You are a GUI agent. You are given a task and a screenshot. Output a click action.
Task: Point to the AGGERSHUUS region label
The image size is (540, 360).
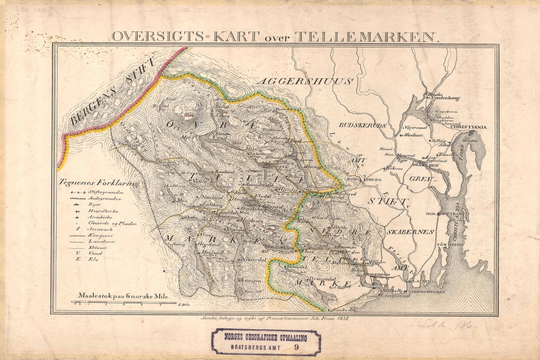coord(305,81)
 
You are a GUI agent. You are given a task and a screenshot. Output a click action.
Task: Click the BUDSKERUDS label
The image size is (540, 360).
coord(367,125)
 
